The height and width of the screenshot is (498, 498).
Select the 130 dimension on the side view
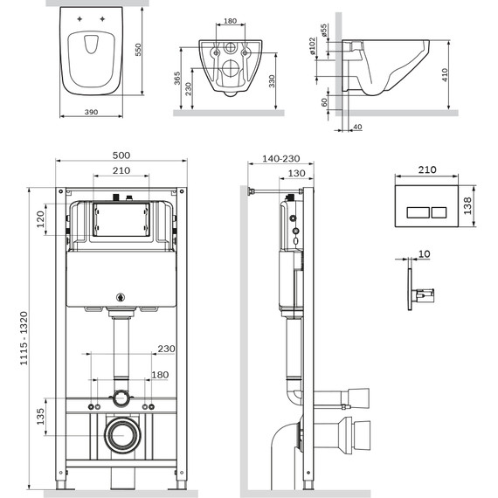(295, 173)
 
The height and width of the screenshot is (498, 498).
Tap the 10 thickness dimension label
(424, 253)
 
